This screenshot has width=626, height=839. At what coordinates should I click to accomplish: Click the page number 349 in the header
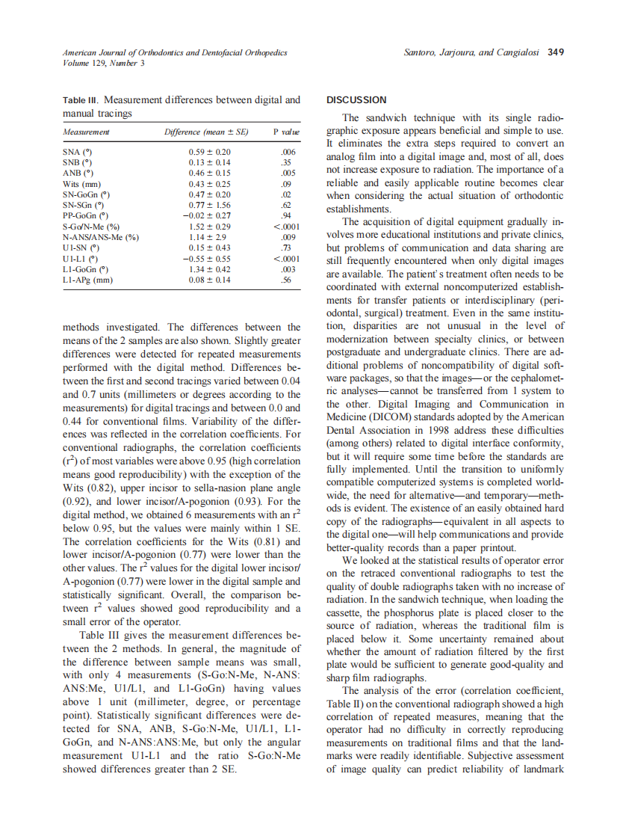click(x=556, y=52)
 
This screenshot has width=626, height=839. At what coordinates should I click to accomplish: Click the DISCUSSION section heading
click(x=357, y=99)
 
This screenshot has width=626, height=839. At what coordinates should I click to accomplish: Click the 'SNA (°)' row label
click(x=77, y=151)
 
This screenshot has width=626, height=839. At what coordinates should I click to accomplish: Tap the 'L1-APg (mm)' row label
click(x=87, y=280)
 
